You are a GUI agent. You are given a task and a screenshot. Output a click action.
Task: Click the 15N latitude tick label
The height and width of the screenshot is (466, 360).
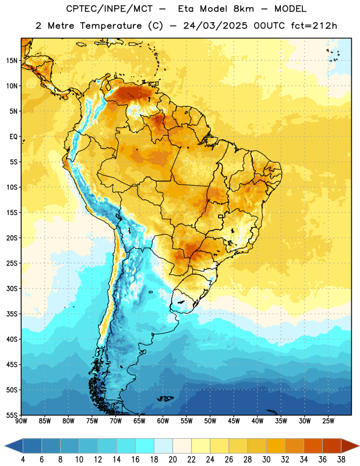tap(12, 61)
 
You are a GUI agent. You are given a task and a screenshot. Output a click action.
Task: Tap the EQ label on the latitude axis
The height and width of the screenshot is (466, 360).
tap(13, 137)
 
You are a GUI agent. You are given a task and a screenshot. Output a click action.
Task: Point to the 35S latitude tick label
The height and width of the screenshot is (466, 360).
tap(12, 314)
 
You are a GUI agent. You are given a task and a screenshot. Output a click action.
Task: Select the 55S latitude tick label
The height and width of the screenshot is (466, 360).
tap(12, 415)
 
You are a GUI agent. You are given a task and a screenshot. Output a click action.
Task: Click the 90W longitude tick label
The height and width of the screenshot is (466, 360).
tap(21, 421)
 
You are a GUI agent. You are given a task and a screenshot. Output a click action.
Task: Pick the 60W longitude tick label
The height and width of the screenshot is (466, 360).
tap(163, 421)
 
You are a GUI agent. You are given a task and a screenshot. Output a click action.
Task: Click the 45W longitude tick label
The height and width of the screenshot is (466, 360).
tap(234, 421)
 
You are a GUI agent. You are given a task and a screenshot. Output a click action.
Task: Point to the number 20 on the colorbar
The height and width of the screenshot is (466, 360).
tap(172, 460)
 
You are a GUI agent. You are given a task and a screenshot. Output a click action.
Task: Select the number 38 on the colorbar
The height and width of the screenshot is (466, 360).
tap(341, 460)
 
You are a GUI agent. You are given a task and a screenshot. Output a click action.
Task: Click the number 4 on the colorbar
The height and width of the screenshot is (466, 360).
tap(23, 460)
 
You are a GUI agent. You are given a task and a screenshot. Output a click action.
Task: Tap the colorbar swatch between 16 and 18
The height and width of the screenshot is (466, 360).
tap(145, 446)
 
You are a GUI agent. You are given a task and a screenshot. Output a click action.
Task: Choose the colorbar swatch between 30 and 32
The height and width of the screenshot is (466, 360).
tap(276, 446)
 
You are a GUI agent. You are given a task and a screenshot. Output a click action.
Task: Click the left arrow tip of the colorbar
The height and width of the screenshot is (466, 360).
tap(5, 446)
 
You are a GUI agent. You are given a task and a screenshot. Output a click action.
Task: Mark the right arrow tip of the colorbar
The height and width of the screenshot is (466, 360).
tap(359, 446)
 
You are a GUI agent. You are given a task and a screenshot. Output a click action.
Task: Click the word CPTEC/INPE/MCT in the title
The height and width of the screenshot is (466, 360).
tap(109, 9)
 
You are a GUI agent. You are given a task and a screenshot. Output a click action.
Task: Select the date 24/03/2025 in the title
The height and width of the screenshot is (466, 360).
tap(215, 26)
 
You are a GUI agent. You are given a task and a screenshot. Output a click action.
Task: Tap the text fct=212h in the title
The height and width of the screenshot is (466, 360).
tap(314, 26)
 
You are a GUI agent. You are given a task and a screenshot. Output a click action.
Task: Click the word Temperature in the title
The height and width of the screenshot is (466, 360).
tap(111, 26)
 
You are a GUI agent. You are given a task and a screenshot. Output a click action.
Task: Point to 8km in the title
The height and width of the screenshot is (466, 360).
tap(243, 9)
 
